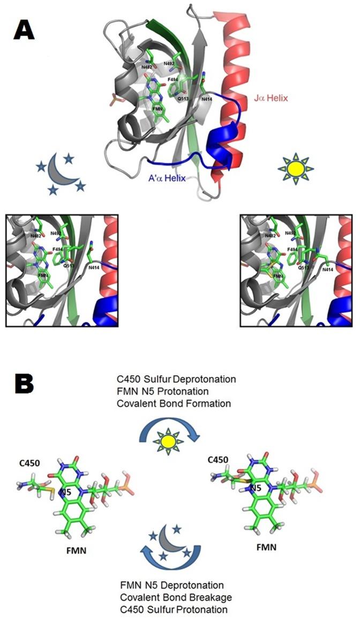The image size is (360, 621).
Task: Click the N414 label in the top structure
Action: pos(208,99)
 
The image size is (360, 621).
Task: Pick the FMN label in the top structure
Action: pos(157,108)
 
